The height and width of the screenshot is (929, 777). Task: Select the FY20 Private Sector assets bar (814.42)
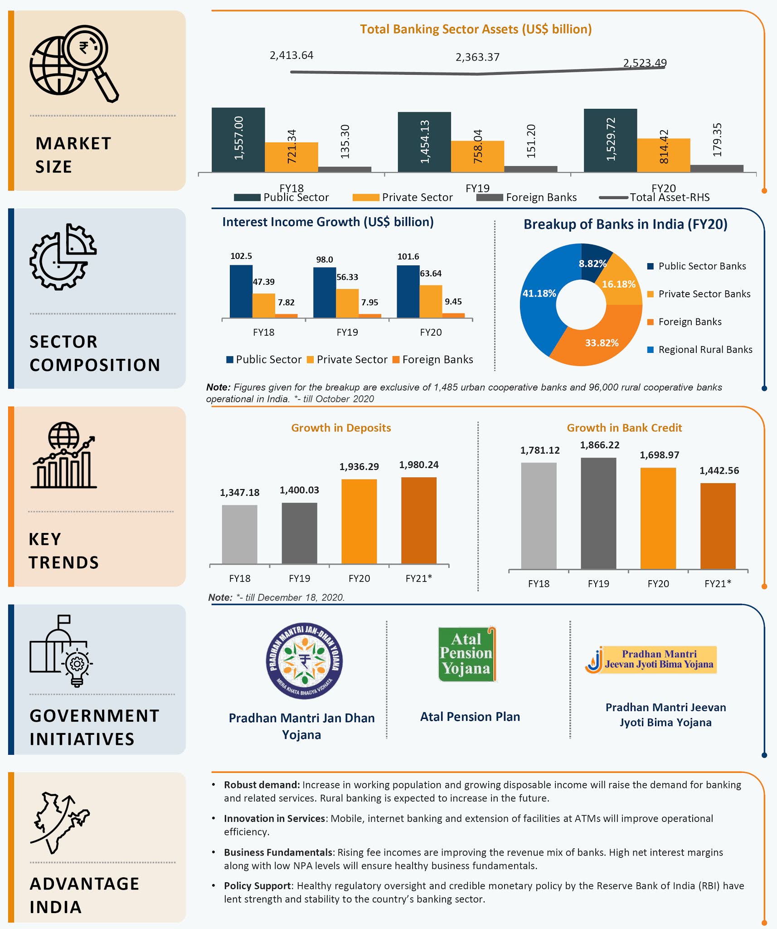point(664,155)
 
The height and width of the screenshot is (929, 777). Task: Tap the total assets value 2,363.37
point(477,57)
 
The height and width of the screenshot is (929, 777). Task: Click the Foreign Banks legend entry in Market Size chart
point(526,197)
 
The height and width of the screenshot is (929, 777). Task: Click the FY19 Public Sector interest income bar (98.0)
point(324,293)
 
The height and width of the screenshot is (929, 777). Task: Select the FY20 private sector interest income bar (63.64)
point(431,301)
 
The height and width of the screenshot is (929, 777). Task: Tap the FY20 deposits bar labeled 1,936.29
point(359,522)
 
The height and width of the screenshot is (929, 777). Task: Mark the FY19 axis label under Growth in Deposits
point(299,578)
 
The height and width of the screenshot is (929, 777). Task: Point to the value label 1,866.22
point(599,445)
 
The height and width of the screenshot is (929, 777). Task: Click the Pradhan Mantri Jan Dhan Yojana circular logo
point(304,660)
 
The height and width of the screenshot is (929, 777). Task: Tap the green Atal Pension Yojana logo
point(467,654)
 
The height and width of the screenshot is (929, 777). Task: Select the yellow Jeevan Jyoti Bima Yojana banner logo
point(651,660)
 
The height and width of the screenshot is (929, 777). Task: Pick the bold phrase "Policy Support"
point(257,886)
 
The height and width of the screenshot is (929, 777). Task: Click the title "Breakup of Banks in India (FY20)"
point(626,225)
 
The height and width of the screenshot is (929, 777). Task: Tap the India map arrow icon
point(60,823)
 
